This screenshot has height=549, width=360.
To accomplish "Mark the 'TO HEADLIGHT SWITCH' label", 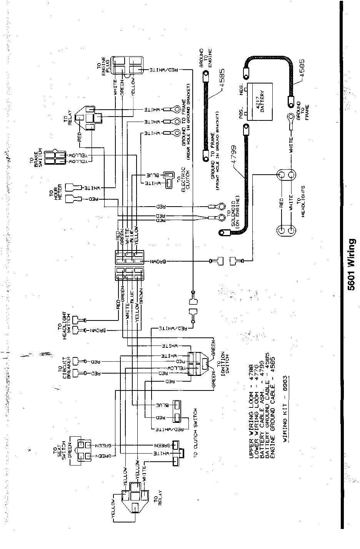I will [x=62, y=325].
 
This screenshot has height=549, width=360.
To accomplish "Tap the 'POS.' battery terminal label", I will [x=242, y=110].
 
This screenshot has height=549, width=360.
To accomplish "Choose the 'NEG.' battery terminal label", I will [x=242, y=88].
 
